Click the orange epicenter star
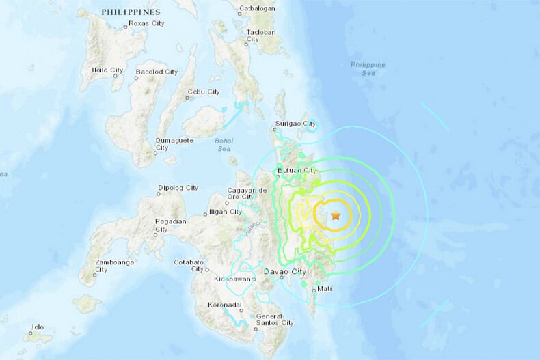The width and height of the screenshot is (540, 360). click(x=336, y=215)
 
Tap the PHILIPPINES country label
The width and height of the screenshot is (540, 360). click(x=130, y=12)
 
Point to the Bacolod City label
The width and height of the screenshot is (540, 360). click(x=157, y=71)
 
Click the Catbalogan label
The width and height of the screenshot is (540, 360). click(x=256, y=9)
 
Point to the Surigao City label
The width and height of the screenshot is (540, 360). click(x=295, y=124)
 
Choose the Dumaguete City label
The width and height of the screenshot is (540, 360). click(x=175, y=143)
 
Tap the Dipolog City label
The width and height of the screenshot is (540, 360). click(x=178, y=187)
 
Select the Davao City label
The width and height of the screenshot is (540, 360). click(x=284, y=272)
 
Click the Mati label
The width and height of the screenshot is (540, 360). click(x=325, y=290)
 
